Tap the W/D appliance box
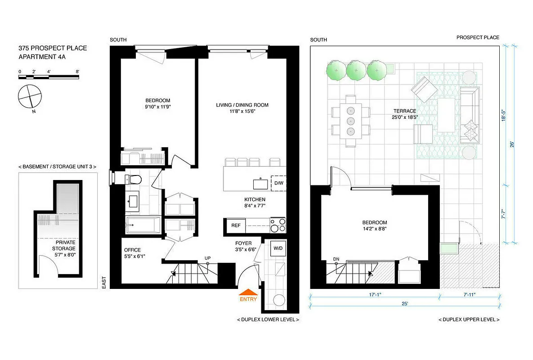[278, 248]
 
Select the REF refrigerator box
[236, 225]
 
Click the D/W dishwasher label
[279, 183]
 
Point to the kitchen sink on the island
[260, 183]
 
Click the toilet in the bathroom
[134, 180]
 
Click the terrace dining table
[350, 121]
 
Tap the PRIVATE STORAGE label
[63, 245]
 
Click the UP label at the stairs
[207, 258]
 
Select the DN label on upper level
[336, 259]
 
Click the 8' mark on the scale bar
[78, 72]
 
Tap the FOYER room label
[243, 243]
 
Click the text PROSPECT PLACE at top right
[478, 38]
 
